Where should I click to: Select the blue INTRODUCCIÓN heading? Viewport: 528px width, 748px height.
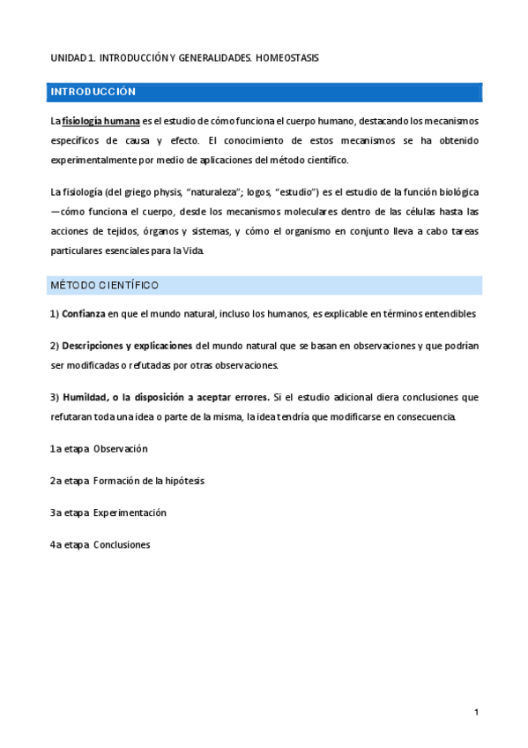tap(93, 92)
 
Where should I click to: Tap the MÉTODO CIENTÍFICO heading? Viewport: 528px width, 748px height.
tap(105, 286)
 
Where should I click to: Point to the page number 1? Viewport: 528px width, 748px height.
tap(476, 712)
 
